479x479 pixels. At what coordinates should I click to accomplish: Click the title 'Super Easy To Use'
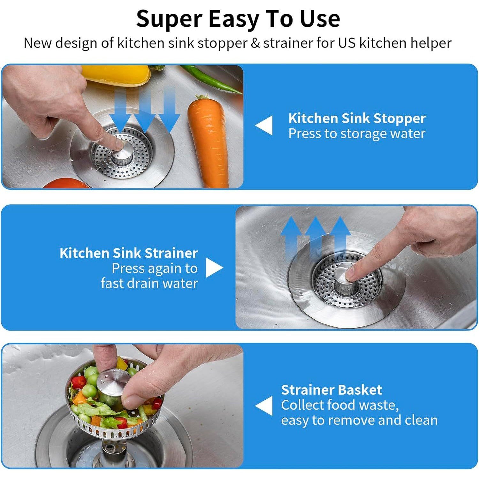[x=238, y=19]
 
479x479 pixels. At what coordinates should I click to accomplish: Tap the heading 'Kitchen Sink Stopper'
[x=357, y=118]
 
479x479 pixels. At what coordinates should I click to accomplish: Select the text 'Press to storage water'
[x=357, y=133]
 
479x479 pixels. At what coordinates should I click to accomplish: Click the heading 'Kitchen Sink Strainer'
[x=129, y=253]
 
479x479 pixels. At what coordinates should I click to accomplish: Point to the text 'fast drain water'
[x=149, y=283]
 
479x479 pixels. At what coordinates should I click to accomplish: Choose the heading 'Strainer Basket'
[x=331, y=390]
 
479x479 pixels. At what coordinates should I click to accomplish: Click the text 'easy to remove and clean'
[x=359, y=420]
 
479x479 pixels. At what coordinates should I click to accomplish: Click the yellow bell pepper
[x=117, y=75]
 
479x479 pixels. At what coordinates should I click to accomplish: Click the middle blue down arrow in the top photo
[x=145, y=112]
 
